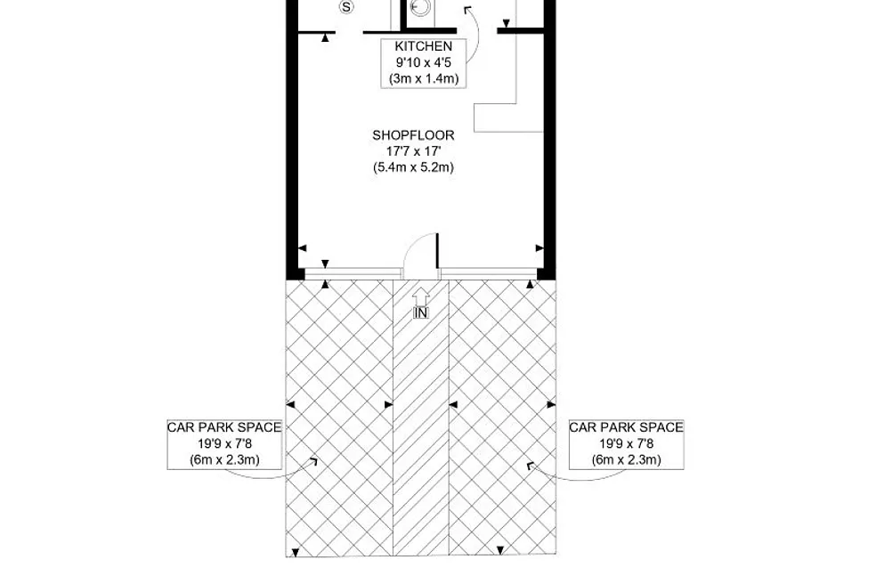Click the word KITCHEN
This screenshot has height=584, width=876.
click(423, 46)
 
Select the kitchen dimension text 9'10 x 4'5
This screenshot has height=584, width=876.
click(423, 62)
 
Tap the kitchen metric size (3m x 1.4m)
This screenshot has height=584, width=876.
click(424, 78)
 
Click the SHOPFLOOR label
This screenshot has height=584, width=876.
click(413, 135)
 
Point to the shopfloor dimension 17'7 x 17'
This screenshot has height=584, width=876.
click(413, 150)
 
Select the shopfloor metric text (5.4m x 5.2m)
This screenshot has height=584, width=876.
click(413, 167)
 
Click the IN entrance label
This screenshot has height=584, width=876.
click(421, 313)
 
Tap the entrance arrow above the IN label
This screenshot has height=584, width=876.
click(421, 296)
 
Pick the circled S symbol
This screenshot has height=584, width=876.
click(347, 7)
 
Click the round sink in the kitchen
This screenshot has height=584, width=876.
click(419, 7)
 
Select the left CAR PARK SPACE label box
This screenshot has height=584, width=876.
click(224, 444)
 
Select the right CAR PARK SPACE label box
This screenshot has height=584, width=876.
click(626, 444)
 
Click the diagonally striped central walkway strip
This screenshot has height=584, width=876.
click(421, 418)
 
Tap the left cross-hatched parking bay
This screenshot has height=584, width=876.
click(340, 418)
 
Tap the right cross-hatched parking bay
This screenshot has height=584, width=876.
click(502, 418)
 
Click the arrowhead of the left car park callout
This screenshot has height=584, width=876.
click(313, 462)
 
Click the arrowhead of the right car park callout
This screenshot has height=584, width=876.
click(531, 466)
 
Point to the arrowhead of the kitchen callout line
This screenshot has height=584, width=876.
click(467, 10)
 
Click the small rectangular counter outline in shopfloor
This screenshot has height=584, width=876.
click(509, 118)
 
